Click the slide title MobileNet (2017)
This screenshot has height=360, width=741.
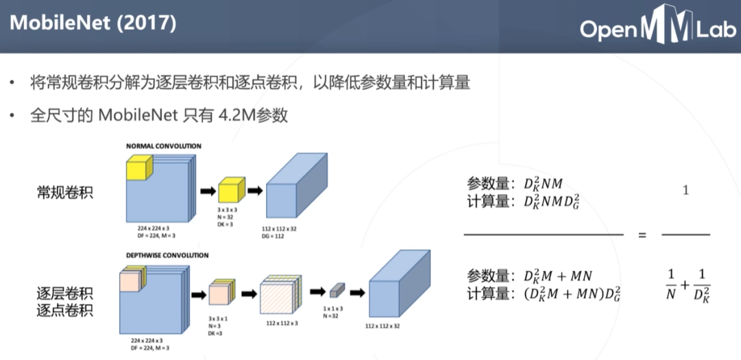(x=93, y=23)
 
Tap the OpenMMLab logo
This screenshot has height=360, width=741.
(x=657, y=28)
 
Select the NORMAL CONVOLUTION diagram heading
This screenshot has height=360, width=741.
(x=163, y=146)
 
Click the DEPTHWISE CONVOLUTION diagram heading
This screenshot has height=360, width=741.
(x=167, y=255)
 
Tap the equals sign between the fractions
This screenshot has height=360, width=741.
(x=642, y=235)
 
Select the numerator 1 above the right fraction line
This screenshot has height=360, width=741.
(x=685, y=191)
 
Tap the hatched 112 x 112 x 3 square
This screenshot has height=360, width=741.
(x=279, y=296)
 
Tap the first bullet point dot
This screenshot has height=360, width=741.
(x=12, y=84)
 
